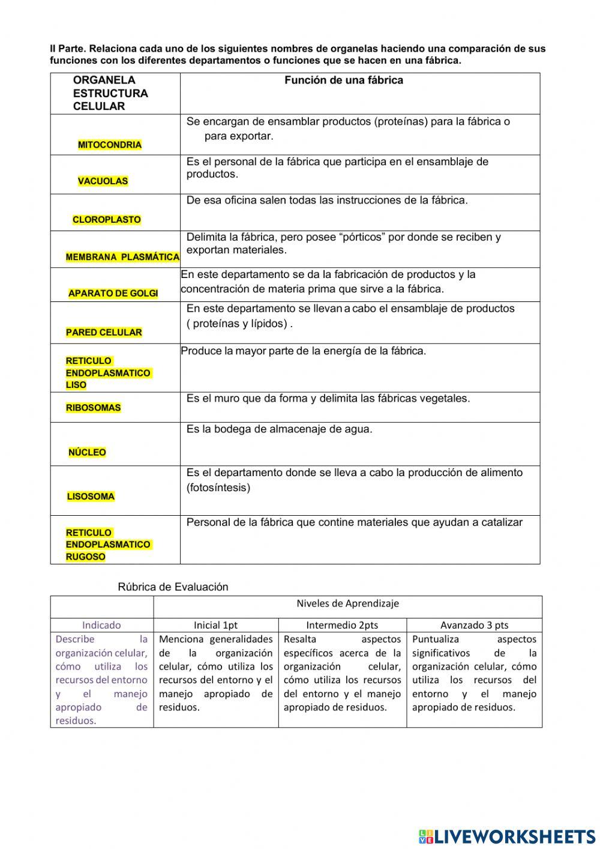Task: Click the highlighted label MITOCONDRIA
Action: (110, 145)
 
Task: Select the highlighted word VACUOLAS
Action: (103, 181)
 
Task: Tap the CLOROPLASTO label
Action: (107, 220)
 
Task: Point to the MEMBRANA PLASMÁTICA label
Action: (122, 257)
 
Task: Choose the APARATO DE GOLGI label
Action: (113, 294)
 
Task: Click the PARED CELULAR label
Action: (104, 333)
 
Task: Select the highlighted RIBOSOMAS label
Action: (93, 408)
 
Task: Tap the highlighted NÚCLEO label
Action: (87, 453)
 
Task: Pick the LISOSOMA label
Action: (91, 497)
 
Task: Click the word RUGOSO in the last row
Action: (86, 557)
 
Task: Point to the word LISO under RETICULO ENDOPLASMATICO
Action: (76, 385)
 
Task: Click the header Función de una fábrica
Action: (344, 80)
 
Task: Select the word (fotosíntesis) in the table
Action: (218, 488)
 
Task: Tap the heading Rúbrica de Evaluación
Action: (173, 587)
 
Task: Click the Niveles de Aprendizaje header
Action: (347, 603)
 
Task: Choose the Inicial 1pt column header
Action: (215, 625)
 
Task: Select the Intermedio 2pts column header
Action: (342, 625)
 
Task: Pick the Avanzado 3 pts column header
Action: (474, 625)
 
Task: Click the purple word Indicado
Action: (101, 625)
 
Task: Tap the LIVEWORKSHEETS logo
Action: (507, 836)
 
